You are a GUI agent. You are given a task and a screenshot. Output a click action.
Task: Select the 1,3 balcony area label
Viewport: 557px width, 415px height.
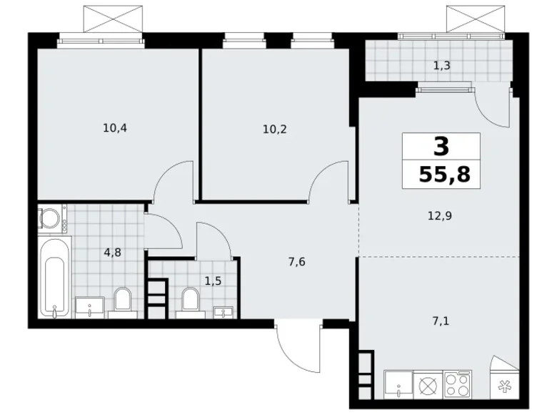click(441, 66)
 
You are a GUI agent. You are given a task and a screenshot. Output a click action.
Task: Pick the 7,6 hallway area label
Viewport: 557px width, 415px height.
click(298, 261)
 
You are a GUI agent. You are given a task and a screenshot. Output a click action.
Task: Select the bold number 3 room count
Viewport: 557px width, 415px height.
click(441, 147)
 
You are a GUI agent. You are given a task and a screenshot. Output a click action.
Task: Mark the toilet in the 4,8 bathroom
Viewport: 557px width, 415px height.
click(123, 301)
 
